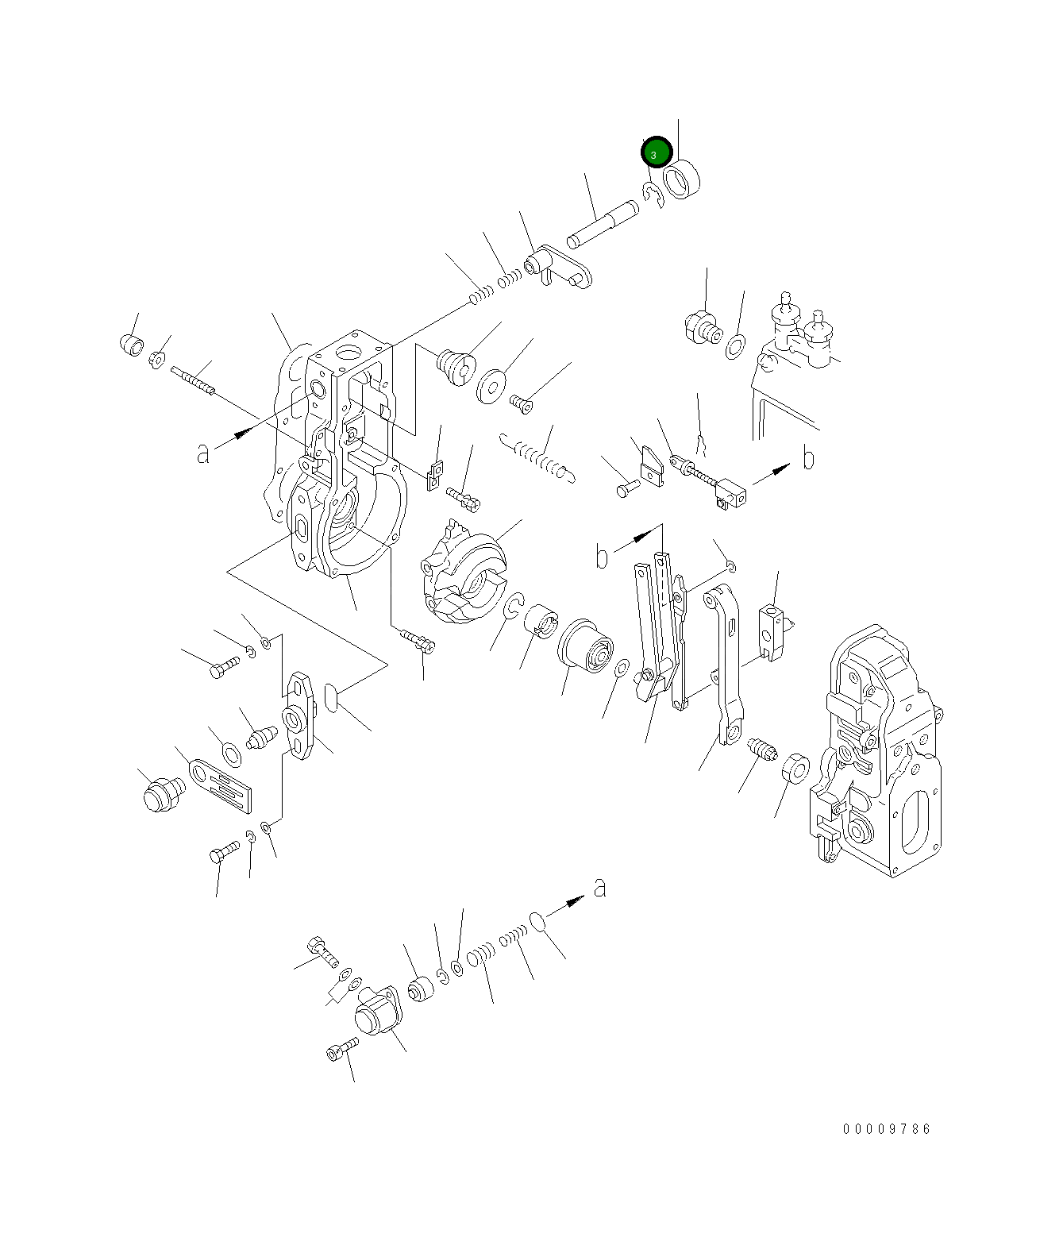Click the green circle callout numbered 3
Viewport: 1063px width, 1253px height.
pos(657,152)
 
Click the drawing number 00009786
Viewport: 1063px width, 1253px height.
pos(887,1128)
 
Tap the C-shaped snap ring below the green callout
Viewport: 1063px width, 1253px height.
pos(653,195)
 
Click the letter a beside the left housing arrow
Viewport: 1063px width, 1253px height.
pos(203,453)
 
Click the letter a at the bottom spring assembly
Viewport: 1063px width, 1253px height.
pos(600,887)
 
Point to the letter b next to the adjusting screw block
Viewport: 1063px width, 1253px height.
pos(808,458)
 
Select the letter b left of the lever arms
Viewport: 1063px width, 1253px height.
pos(603,557)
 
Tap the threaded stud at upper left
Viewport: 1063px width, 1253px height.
pos(193,380)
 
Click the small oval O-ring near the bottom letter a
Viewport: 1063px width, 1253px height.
pos(537,921)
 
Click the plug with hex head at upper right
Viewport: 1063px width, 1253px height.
pos(701,326)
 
